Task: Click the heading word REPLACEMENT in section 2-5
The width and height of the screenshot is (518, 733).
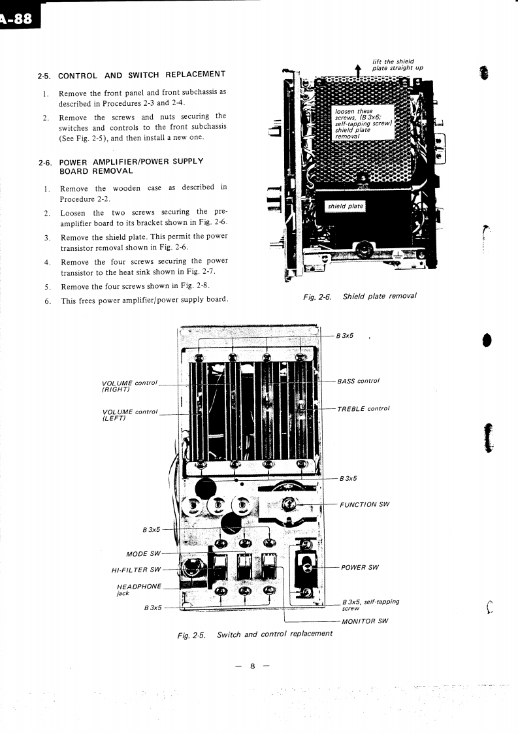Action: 195,74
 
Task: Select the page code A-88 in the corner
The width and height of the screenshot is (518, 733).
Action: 18,18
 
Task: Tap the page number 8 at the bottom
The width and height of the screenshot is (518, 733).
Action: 251,666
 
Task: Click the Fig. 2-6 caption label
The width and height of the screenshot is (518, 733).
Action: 317,297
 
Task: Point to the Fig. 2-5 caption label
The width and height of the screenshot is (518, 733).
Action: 191,634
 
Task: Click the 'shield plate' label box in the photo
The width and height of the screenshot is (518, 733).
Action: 346,206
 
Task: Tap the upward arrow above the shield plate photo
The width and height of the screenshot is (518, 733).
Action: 358,71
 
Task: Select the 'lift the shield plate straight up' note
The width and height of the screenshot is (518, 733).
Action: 397,65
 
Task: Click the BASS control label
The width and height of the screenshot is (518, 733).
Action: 358,381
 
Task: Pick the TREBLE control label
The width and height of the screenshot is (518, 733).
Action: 363,409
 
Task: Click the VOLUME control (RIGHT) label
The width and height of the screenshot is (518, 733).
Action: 130,385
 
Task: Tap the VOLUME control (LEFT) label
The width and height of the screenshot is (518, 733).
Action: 130,415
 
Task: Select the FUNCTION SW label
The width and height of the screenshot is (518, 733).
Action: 364,504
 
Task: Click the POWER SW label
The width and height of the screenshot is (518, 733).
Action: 360,567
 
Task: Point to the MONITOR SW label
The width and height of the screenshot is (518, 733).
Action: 365,621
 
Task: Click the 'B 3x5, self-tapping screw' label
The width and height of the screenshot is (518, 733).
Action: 370,604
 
